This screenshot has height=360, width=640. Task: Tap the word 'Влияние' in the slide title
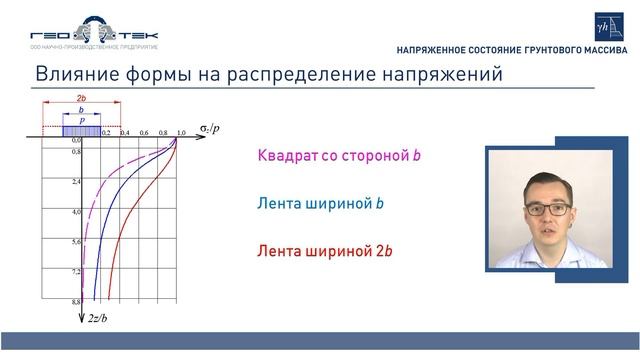(x=77, y=75)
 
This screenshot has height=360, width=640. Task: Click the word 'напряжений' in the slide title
(x=437, y=75)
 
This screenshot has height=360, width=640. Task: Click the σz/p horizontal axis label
(x=208, y=130)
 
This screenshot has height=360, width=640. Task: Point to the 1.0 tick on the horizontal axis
(x=181, y=133)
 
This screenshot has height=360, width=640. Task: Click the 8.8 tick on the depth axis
(x=75, y=300)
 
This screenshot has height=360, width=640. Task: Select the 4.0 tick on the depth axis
(x=75, y=213)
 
